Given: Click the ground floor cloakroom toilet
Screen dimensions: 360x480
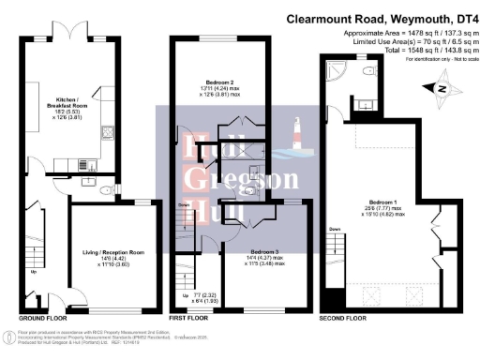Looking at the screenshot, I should [109, 182].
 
